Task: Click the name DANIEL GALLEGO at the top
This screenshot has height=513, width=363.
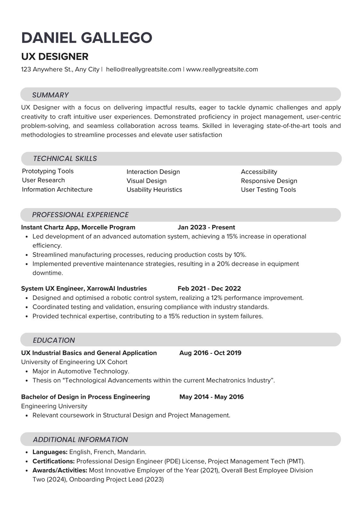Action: click(x=87, y=38)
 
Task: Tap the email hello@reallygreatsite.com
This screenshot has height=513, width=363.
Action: click(x=143, y=69)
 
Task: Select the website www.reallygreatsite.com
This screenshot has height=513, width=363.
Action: click(x=222, y=69)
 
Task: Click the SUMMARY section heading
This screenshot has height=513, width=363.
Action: click(x=50, y=95)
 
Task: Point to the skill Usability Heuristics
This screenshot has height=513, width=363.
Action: click(x=154, y=189)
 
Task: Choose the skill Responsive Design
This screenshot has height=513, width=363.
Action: click(x=269, y=181)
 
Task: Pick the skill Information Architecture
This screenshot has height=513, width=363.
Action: click(x=57, y=189)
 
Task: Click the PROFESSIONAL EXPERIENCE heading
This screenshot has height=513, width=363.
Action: click(x=80, y=214)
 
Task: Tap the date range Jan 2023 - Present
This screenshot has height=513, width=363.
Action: click(x=206, y=227)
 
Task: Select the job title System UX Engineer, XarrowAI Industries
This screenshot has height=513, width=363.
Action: click(x=84, y=288)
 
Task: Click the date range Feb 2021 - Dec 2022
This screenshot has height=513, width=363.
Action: click(x=209, y=288)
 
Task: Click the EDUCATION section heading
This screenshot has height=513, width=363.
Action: click(x=54, y=340)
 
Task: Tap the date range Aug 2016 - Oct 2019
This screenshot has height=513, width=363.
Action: click(x=210, y=353)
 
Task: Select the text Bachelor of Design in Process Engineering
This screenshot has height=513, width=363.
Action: click(x=85, y=397)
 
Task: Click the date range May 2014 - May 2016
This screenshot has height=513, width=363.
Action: click(x=211, y=397)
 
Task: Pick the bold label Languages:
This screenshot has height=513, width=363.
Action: click(x=50, y=452)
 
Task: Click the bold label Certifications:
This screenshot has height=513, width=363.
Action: click(x=54, y=461)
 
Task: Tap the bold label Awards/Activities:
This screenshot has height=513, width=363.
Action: click(x=60, y=470)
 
